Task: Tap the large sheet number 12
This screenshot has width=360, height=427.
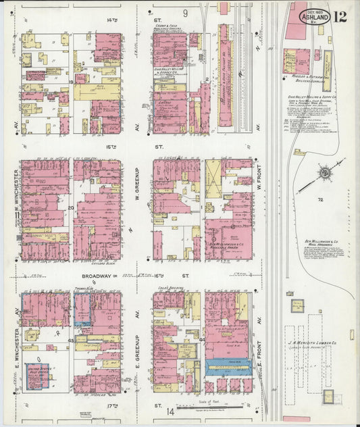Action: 340,16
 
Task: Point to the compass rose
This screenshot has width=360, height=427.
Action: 325,174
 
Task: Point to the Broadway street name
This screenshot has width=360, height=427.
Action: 99,276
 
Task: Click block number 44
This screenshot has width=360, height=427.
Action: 201,340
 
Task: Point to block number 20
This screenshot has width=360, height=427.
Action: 70,208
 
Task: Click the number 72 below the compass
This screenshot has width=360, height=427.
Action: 322,201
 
